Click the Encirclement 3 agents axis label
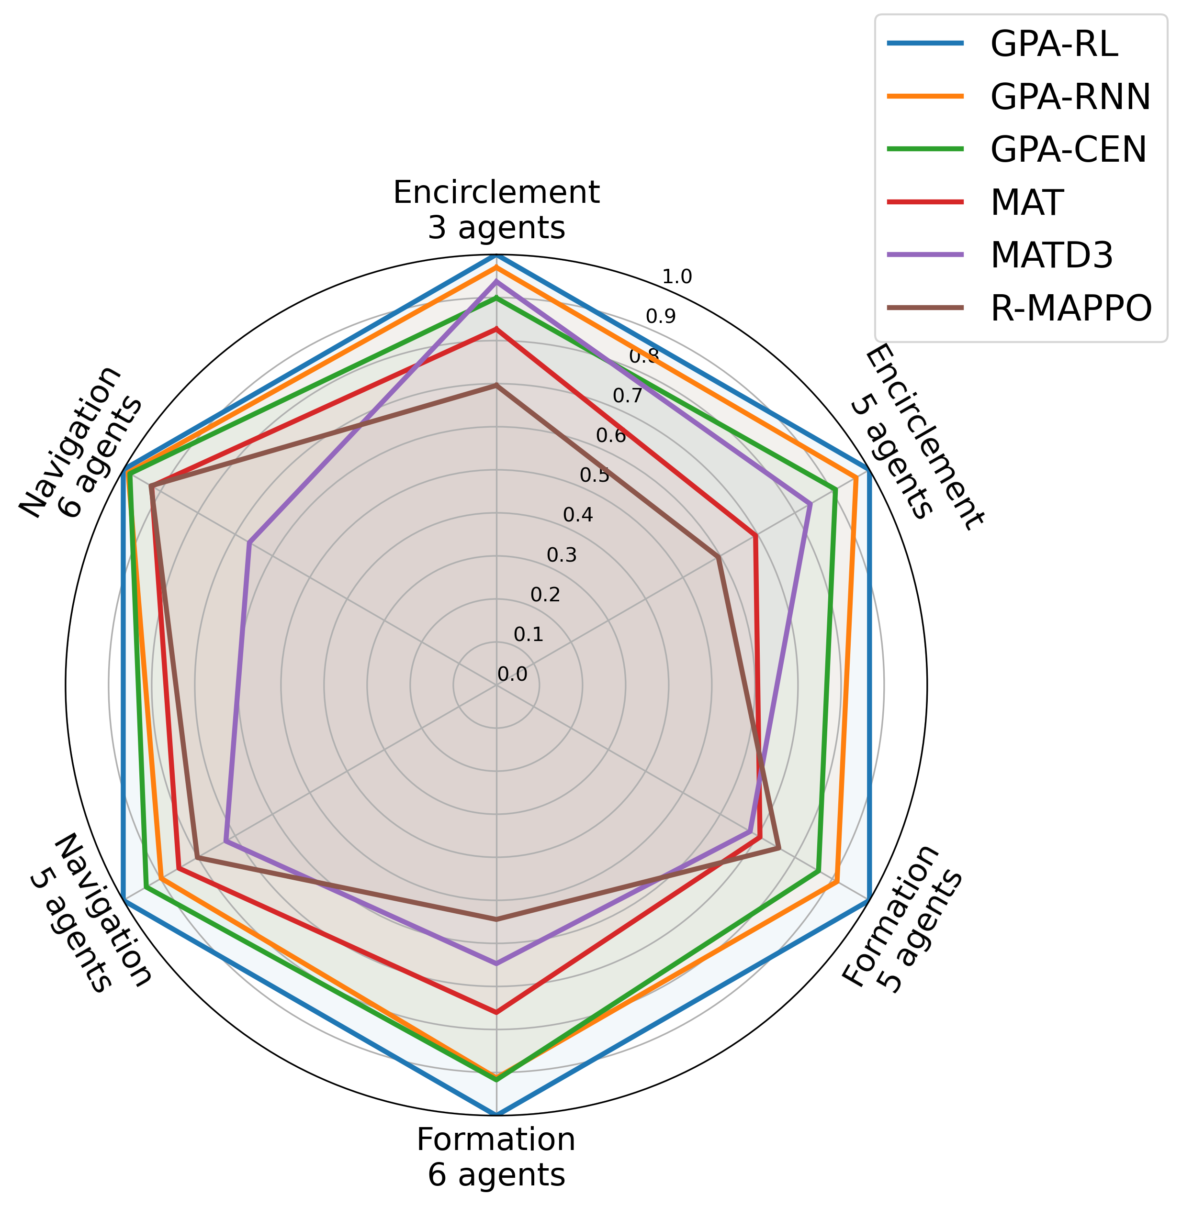click(x=496, y=210)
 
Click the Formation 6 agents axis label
click(x=496, y=1158)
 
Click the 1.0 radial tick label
click(x=676, y=277)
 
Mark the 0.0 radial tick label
click(x=512, y=675)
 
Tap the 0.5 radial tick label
click(x=595, y=476)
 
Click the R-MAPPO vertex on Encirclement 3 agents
click(x=496, y=385)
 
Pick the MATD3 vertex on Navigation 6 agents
click(x=249, y=543)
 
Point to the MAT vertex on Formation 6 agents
click(x=496, y=1012)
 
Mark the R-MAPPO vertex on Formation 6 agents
click(x=496, y=919)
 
